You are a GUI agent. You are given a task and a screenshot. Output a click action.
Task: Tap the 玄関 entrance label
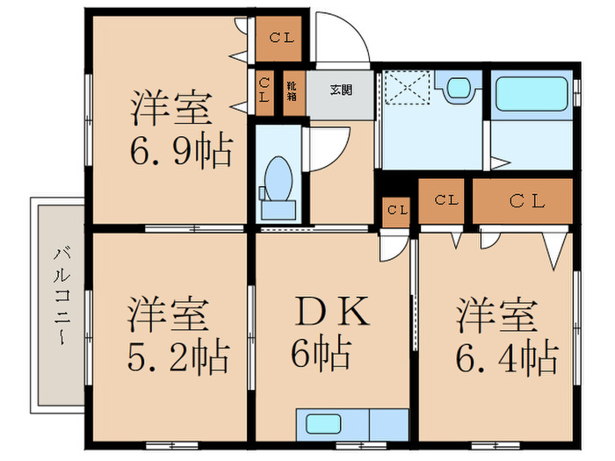341,89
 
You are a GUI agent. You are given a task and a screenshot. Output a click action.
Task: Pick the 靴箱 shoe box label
293,92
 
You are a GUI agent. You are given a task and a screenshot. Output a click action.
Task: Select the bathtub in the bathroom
531,95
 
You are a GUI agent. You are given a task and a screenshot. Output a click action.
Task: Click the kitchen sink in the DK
326,424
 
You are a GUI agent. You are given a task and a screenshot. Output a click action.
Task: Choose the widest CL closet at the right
525,202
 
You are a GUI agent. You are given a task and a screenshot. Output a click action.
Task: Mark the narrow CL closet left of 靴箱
264,91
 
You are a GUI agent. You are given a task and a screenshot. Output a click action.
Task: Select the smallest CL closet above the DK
397,211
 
